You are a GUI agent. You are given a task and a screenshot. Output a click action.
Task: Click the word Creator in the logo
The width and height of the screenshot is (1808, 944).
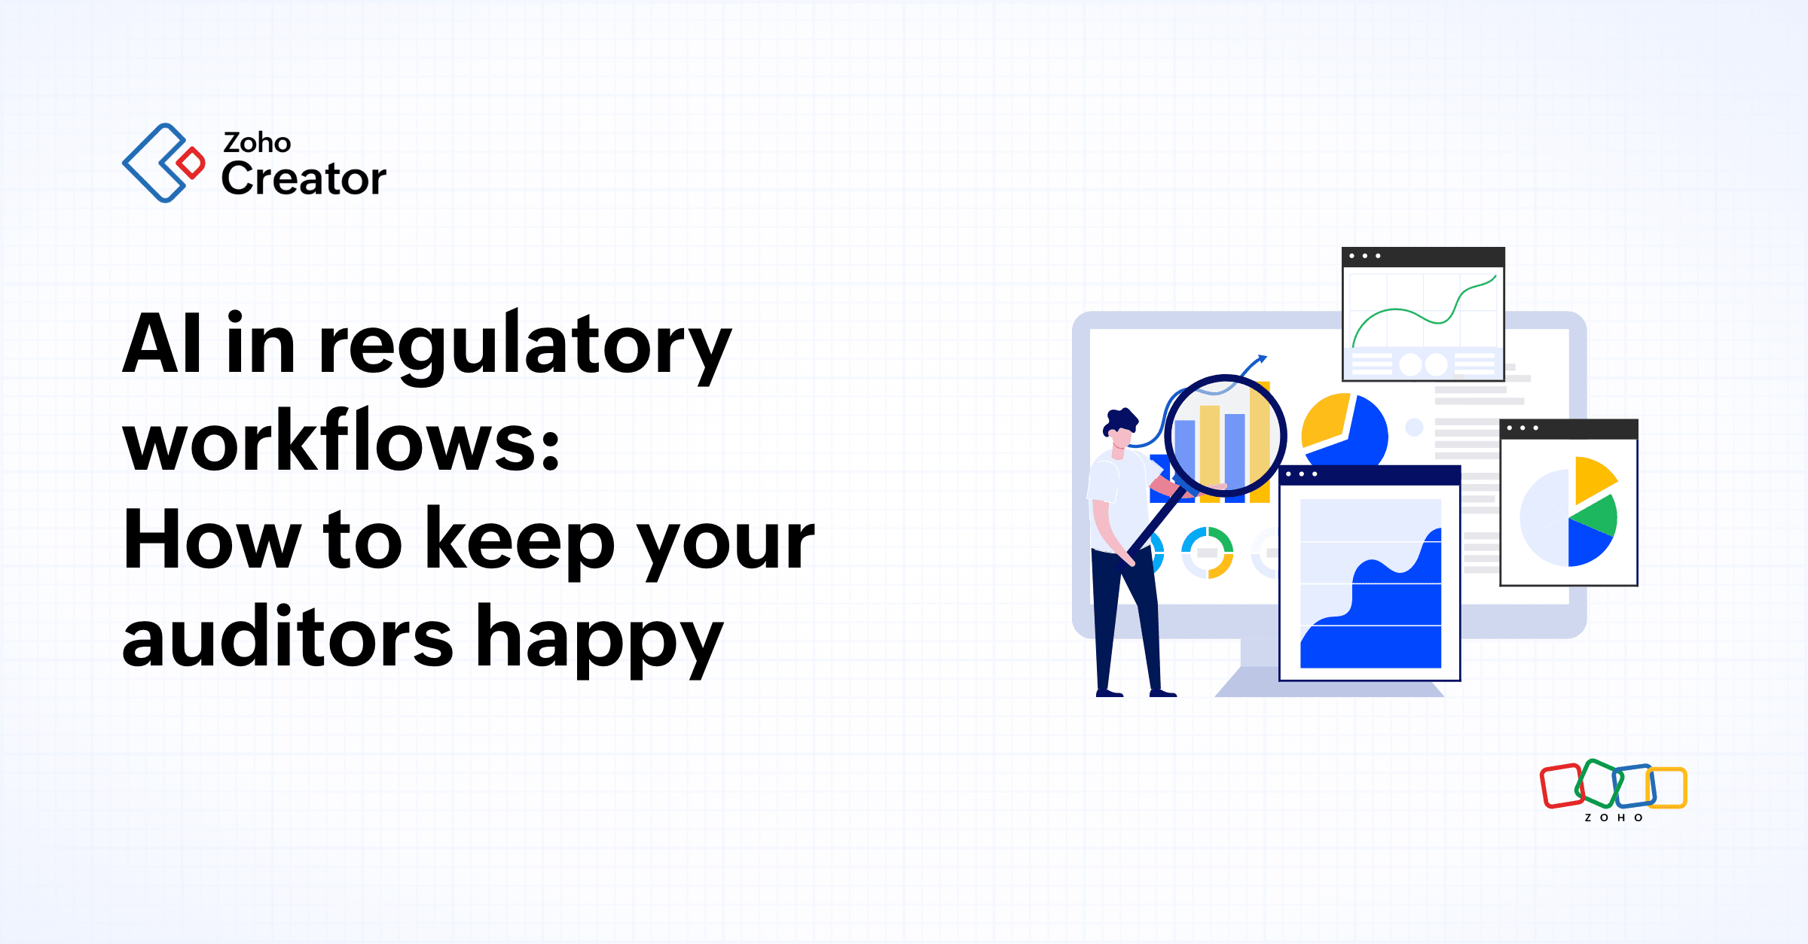click(304, 179)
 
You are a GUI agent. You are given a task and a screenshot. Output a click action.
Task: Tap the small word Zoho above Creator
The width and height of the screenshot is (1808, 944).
click(257, 142)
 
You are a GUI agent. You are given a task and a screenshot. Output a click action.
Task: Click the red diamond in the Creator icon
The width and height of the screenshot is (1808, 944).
click(191, 163)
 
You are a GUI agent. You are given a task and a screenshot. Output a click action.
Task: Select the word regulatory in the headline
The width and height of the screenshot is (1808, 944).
click(525, 346)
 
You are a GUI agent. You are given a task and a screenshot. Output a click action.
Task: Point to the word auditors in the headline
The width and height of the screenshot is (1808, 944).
click(287, 639)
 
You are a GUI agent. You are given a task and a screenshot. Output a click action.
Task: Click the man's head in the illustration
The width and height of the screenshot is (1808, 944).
click(1120, 429)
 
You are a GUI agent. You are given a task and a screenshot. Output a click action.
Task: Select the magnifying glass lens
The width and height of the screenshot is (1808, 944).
click(1225, 437)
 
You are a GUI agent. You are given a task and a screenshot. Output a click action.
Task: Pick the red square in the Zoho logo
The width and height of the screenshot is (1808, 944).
click(1561, 787)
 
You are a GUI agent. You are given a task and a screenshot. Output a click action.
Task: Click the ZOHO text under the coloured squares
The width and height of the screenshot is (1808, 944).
click(1614, 818)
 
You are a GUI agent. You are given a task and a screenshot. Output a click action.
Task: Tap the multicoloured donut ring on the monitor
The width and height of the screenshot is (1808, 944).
click(1207, 553)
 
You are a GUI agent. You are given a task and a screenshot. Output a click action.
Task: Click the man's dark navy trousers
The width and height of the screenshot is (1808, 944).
click(1122, 617)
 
